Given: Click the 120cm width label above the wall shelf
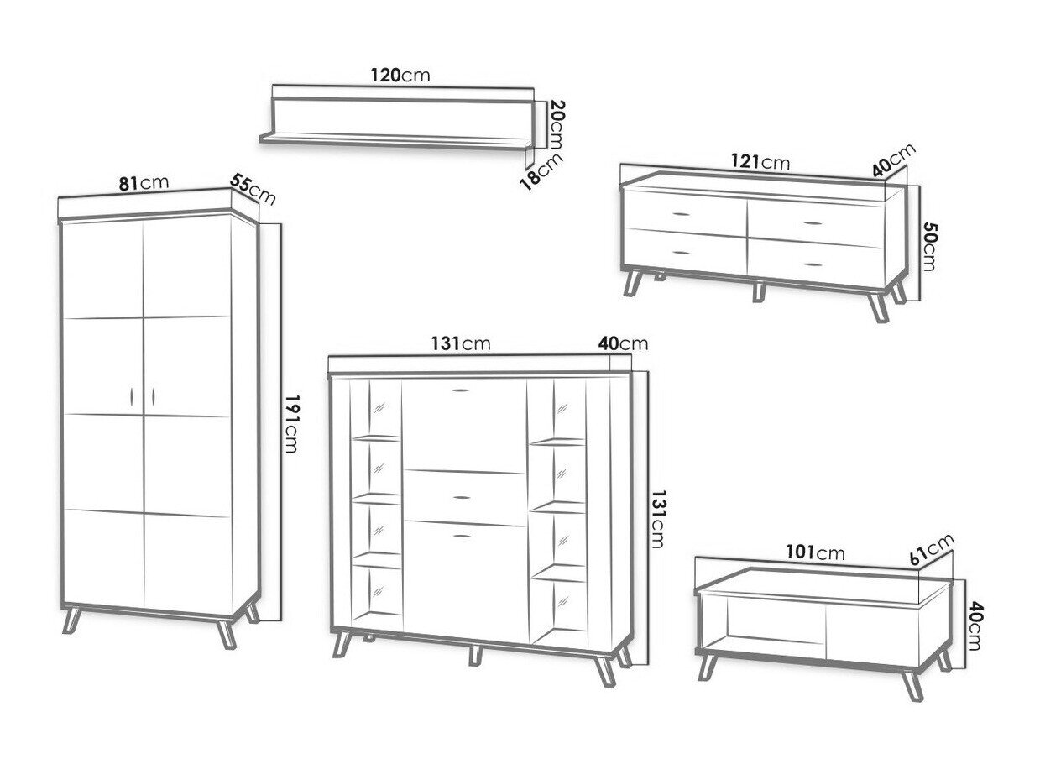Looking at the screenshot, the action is pyautogui.click(x=400, y=75).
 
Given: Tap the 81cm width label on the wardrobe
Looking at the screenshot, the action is pyautogui.click(x=144, y=183).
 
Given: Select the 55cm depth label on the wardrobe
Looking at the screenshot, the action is pyautogui.click(x=253, y=189).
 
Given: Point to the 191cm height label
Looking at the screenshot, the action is pyautogui.click(x=291, y=424).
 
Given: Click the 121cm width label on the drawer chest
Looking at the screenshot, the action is pyautogui.click(x=760, y=162).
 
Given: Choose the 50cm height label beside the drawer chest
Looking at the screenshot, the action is pyautogui.click(x=929, y=246).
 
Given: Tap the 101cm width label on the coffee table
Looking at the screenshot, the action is pyautogui.click(x=815, y=552).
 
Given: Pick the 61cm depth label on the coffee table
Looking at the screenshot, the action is pyautogui.click(x=932, y=549).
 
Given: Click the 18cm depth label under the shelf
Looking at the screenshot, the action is pyautogui.click(x=541, y=171).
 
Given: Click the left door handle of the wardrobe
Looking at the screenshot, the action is pyautogui.click(x=132, y=396).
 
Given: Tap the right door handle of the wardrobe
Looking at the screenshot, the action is pyautogui.click(x=153, y=396).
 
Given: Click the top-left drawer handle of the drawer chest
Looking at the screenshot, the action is pyautogui.click(x=682, y=214).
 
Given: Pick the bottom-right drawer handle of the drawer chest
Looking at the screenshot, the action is pyautogui.click(x=813, y=264).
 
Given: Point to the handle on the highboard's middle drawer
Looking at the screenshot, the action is pyautogui.click(x=462, y=497).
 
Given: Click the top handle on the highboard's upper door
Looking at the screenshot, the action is pyautogui.click(x=460, y=390).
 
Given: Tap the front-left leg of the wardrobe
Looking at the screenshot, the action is pyautogui.click(x=72, y=620).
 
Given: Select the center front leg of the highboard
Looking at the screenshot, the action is pyautogui.click(x=475, y=656).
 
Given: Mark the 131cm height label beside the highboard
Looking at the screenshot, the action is pyautogui.click(x=657, y=519).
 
